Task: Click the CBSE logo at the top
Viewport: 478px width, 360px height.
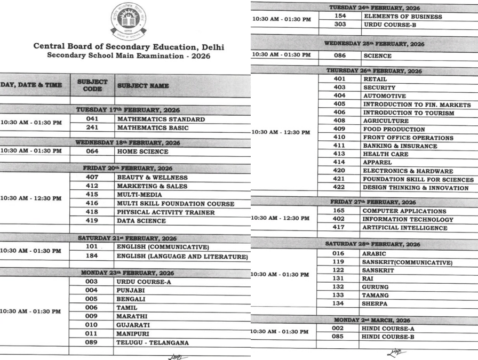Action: point(129,21)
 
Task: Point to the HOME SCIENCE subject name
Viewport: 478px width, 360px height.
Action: point(142,151)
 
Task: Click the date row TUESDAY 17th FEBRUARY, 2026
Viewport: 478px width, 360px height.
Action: point(124,109)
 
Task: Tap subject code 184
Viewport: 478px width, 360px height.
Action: point(92,256)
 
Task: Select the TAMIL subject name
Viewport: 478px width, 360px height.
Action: point(128,308)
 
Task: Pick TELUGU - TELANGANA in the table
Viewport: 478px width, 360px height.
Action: point(153,342)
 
